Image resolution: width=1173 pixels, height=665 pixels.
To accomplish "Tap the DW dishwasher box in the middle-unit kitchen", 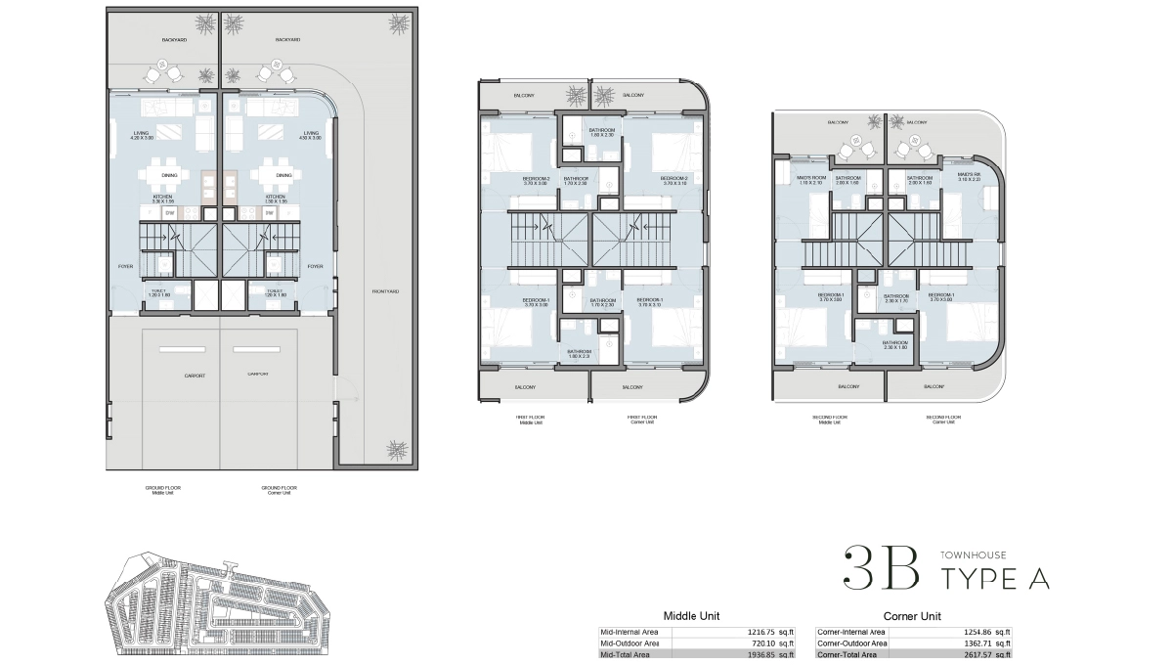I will click(x=169, y=212).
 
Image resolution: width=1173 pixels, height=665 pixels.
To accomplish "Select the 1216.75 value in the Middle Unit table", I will click(x=753, y=633).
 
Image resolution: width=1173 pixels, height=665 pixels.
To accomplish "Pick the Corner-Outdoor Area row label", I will click(x=852, y=643).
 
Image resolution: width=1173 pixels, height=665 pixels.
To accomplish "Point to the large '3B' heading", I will click(x=881, y=568).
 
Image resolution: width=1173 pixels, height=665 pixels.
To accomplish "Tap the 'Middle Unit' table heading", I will click(x=691, y=616).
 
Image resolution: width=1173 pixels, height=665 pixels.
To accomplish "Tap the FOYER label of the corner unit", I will click(x=315, y=266).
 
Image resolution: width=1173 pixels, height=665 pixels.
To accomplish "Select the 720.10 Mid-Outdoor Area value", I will click(x=755, y=643).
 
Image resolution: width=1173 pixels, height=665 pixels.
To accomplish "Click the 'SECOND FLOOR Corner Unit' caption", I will click(x=943, y=420).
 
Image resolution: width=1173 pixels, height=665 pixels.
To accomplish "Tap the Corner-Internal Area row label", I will click(x=851, y=633).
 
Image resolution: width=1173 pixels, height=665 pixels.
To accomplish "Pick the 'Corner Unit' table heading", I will click(x=911, y=616).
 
